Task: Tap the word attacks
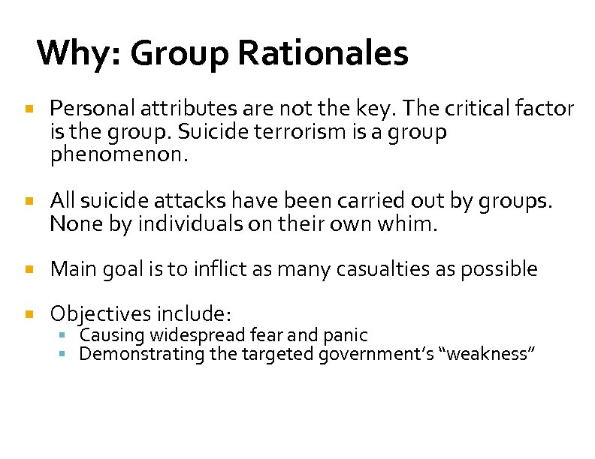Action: [x=192, y=201]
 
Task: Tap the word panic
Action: [x=345, y=335]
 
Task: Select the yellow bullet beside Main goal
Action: [x=29, y=268]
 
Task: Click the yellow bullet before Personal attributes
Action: [x=29, y=109]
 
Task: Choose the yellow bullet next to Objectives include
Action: [x=29, y=313]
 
